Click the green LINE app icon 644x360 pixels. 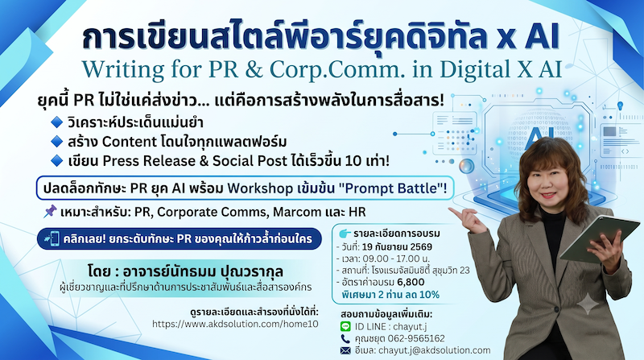click(345, 326)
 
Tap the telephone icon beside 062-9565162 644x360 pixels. click(345, 338)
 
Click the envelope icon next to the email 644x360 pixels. click(345, 350)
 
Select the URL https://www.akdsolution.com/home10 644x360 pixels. click(235, 324)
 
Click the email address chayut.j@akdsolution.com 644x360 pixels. click(434, 350)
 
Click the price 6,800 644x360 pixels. click(411, 282)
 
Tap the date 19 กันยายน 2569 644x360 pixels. click(397, 247)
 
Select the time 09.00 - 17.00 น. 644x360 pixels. click(395, 259)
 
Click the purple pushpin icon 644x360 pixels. click(50, 212)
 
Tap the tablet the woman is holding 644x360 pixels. click(600, 238)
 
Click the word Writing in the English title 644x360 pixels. click(123, 69)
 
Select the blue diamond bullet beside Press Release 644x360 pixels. click(56, 161)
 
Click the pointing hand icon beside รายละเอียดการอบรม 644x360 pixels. click(345, 234)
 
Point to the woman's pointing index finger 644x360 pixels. click(456, 211)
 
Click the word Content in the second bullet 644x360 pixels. click(126, 142)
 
